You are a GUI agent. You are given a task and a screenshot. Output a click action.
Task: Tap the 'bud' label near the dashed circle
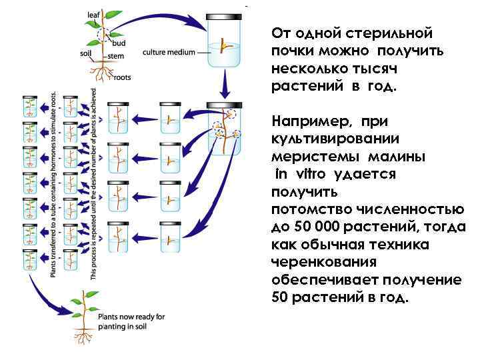coord(120,43)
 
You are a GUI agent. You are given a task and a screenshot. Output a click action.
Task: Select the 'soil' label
coord(85,53)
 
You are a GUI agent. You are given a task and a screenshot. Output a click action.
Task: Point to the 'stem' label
coord(115,56)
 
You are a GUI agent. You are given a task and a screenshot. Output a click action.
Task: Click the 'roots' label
coord(122,77)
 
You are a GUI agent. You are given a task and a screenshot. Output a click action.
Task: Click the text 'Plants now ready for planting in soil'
coord(131,321)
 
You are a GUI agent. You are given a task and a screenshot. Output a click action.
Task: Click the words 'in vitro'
coord(301,174)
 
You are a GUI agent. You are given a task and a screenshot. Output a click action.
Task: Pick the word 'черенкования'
coord(324,263)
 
